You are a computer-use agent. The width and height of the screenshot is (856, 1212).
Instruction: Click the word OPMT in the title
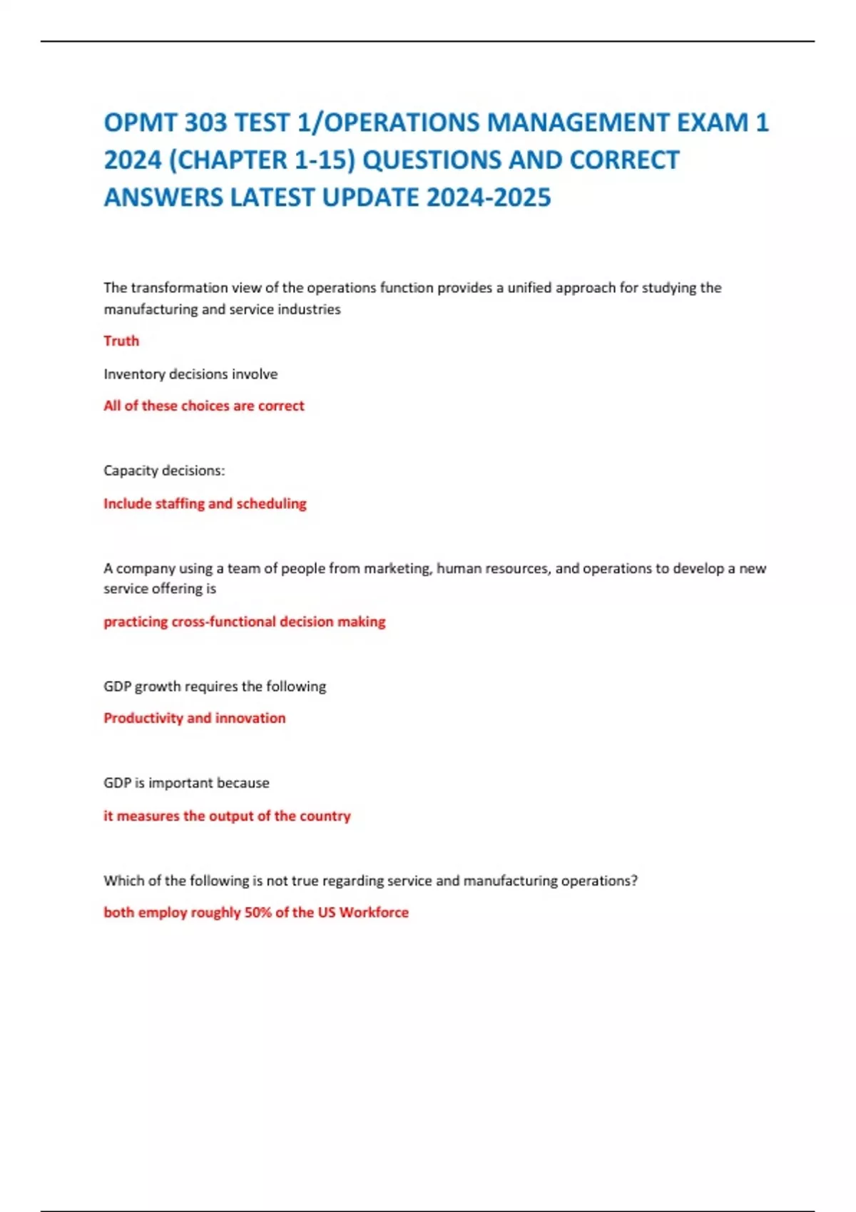click(140, 123)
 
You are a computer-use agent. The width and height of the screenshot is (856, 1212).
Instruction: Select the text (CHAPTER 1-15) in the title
click(261, 160)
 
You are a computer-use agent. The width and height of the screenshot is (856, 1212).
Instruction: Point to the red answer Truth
click(121, 341)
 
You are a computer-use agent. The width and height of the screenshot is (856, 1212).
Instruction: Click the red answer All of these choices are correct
click(204, 406)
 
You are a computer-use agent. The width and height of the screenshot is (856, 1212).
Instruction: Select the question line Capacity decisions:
click(164, 471)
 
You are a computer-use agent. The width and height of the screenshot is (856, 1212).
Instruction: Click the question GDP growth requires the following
click(215, 687)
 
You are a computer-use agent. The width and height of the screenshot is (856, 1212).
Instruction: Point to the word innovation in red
click(250, 718)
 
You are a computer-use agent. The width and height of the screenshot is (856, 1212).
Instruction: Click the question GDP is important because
click(186, 783)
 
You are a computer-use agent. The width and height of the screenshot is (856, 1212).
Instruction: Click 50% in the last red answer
click(258, 913)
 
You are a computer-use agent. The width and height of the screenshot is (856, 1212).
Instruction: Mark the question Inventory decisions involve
click(190, 374)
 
